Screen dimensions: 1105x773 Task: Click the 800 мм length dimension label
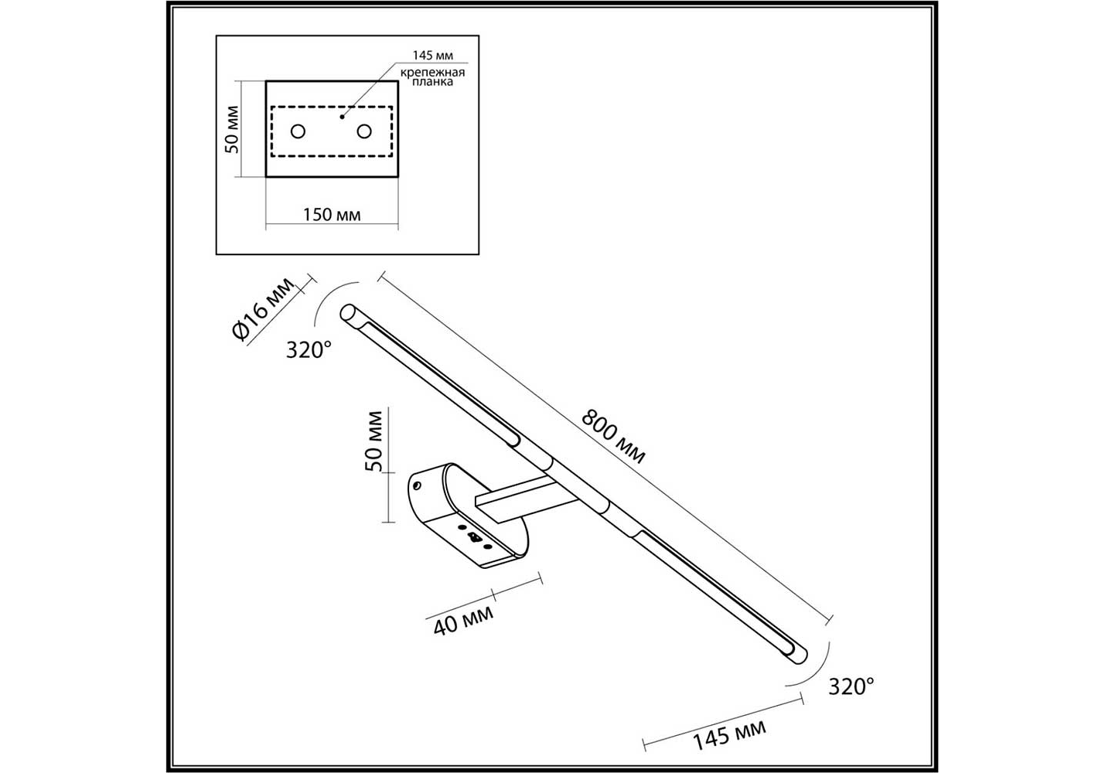click(x=613, y=437)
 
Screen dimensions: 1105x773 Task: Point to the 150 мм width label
click(x=332, y=215)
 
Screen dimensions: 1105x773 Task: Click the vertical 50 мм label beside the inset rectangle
click(x=231, y=129)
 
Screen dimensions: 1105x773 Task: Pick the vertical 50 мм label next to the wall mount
click(x=373, y=441)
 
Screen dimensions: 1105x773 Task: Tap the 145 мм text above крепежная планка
click(x=432, y=55)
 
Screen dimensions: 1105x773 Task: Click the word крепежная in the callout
click(x=432, y=73)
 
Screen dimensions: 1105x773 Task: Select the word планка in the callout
click(x=432, y=83)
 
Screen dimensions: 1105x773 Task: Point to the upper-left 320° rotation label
click(x=309, y=350)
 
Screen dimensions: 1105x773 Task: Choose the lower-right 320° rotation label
click(x=851, y=686)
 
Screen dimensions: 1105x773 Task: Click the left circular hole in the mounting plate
click(x=298, y=131)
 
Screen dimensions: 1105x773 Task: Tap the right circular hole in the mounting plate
click(x=364, y=131)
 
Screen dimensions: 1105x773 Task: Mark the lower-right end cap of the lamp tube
click(x=799, y=656)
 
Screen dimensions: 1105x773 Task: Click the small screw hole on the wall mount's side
click(x=417, y=486)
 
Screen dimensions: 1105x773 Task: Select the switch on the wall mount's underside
click(x=475, y=536)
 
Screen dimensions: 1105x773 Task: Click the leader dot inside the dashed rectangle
click(x=342, y=117)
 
